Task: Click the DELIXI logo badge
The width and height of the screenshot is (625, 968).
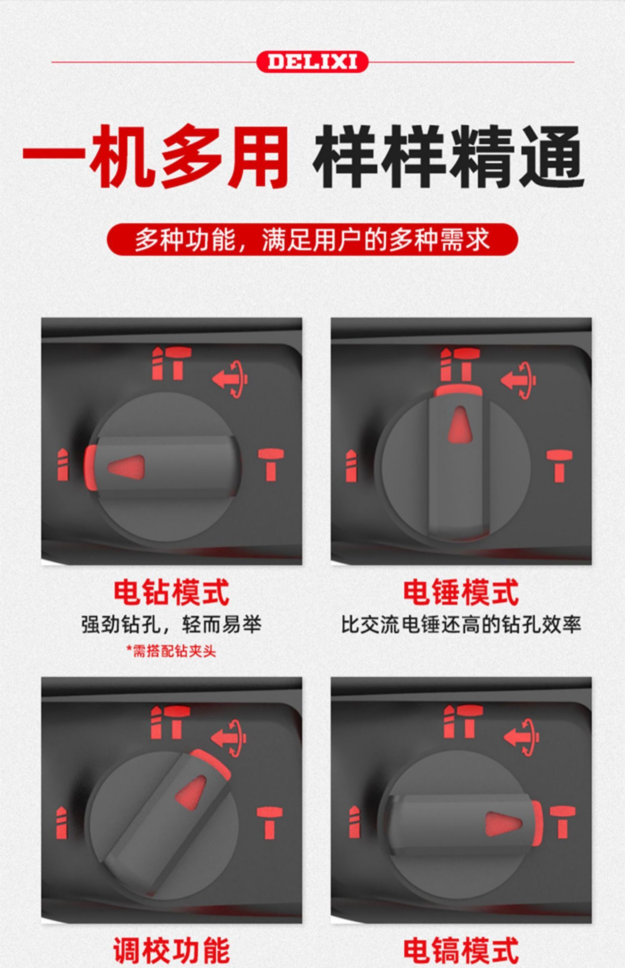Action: click(x=312, y=62)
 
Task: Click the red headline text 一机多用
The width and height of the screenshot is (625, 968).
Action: click(x=156, y=156)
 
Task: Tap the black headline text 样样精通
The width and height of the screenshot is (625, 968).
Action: click(x=449, y=156)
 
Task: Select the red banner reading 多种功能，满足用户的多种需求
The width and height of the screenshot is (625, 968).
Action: click(x=312, y=240)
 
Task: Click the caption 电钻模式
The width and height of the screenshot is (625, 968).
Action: click(x=171, y=592)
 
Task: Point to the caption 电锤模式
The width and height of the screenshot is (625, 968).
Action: click(x=461, y=592)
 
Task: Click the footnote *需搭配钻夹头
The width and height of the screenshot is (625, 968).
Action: click(x=171, y=651)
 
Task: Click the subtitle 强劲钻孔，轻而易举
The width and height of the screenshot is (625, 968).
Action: click(x=171, y=624)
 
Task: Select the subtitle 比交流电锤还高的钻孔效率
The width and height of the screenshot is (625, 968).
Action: click(x=461, y=624)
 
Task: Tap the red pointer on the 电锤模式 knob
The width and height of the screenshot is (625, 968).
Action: click(x=460, y=424)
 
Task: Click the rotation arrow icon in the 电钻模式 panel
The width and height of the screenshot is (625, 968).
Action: click(x=230, y=379)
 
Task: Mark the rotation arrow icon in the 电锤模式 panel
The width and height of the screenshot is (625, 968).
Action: click(x=518, y=380)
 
